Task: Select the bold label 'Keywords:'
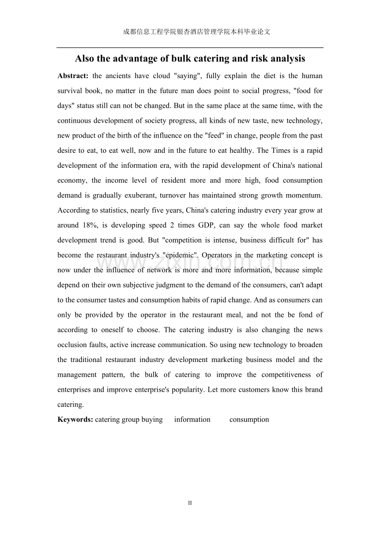click(75, 419)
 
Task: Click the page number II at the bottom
click(190, 503)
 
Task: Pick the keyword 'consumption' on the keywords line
click(249, 419)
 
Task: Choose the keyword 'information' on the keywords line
click(192, 419)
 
